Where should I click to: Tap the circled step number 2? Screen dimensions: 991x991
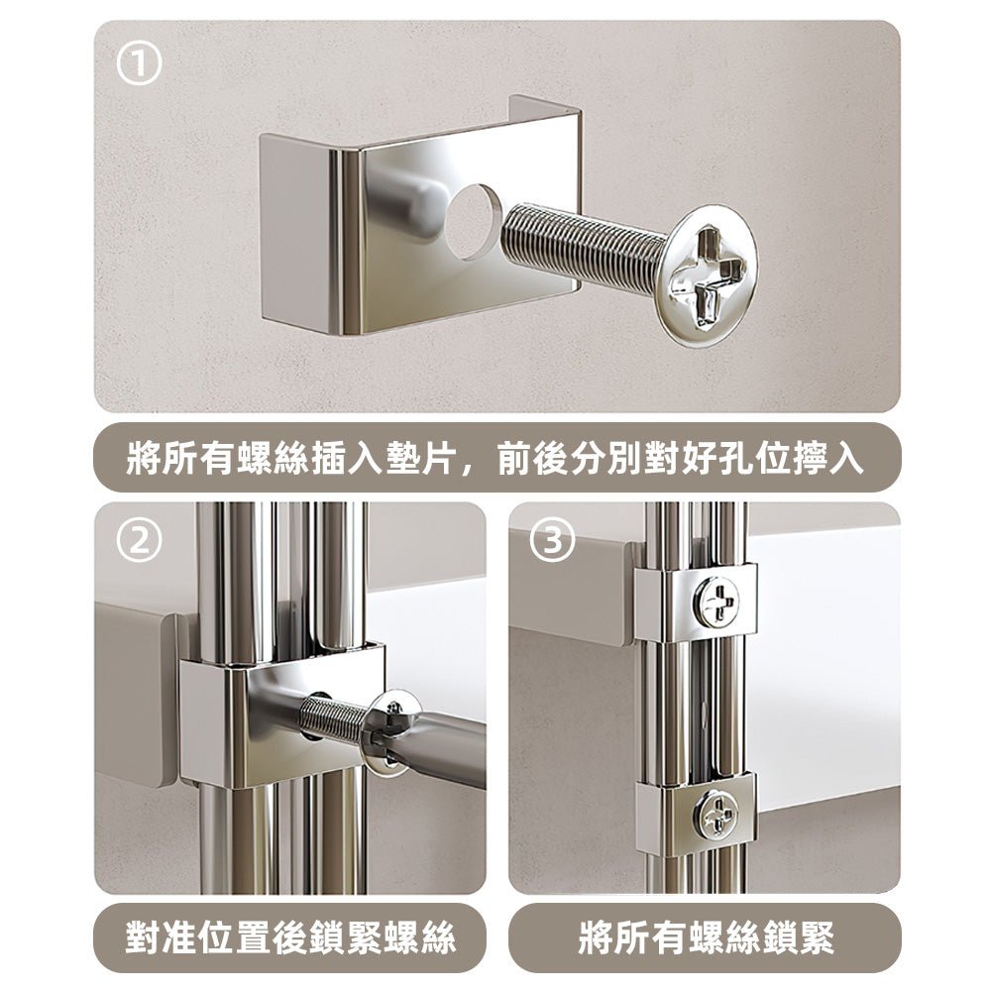[139, 543]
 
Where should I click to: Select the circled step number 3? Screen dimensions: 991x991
[553, 543]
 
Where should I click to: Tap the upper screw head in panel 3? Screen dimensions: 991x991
[716, 603]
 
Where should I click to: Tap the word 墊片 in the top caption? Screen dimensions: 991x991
[415, 460]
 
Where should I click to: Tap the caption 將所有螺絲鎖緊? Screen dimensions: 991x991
[705, 936]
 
